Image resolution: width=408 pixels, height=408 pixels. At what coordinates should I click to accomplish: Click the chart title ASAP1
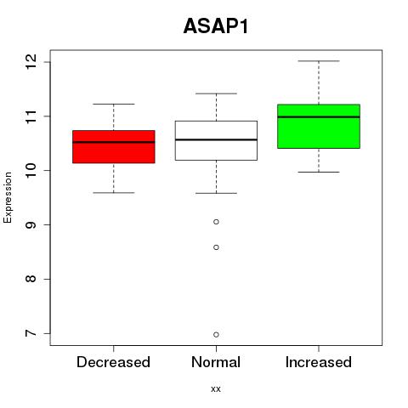tap(216, 26)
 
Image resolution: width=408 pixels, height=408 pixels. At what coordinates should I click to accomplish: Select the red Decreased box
tap(114, 147)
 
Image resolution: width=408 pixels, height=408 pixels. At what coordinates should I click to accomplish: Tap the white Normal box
tap(216, 140)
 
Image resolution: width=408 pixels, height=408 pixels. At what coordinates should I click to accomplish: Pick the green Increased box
tap(319, 127)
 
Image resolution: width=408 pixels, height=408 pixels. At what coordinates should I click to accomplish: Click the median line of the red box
tap(114, 142)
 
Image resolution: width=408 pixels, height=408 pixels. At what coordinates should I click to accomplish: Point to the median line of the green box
tap(319, 116)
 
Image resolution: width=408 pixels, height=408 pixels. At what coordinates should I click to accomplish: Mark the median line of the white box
tap(216, 139)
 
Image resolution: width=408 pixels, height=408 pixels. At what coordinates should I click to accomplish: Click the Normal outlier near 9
tap(216, 222)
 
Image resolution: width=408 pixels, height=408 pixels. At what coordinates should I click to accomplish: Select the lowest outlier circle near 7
tap(216, 335)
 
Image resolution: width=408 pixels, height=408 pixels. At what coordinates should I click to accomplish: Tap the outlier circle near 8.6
tap(216, 247)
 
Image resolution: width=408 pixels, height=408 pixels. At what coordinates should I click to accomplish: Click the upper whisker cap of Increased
tap(319, 61)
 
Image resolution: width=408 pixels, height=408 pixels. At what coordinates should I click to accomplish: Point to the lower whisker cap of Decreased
tap(114, 193)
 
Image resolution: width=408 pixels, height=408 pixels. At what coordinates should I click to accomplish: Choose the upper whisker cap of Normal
tap(216, 93)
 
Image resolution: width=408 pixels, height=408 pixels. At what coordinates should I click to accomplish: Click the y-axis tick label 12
tap(31, 62)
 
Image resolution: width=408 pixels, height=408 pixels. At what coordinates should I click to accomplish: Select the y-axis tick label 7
tap(31, 333)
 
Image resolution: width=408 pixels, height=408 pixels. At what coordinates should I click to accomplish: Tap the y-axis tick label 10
tap(31, 171)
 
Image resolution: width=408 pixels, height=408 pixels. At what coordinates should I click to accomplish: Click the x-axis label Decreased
tap(113, 362)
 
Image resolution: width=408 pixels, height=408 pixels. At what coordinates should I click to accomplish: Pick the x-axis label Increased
tap(319, 362)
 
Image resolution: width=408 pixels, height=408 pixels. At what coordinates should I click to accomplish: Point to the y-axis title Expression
tap(8, 197)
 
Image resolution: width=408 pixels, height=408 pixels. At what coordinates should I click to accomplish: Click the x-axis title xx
tap(216, 389)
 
